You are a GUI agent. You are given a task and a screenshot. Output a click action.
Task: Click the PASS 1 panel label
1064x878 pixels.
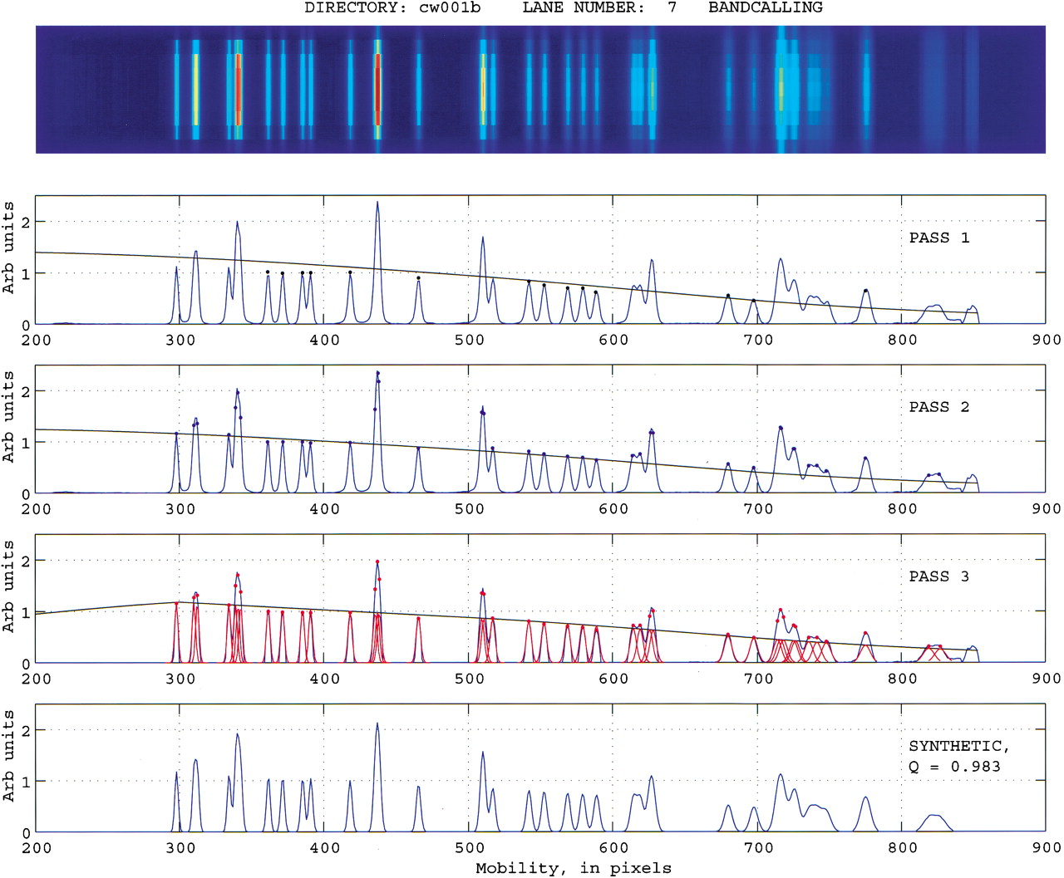pos(939,238)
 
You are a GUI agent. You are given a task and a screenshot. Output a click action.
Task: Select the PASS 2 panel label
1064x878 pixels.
pos(939,407)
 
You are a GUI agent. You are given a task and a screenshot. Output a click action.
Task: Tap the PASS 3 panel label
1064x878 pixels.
pos(939,576)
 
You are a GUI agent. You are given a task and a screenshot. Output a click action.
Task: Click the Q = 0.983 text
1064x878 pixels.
pos(954,767)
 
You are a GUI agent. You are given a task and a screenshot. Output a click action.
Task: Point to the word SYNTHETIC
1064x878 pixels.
pos(956,746)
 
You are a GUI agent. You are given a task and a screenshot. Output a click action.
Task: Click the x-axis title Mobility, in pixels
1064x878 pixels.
pos(574,868)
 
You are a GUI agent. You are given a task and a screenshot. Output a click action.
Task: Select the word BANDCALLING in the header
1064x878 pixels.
pos(766,7)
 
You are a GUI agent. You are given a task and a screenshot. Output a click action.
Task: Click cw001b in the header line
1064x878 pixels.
pos(450,7)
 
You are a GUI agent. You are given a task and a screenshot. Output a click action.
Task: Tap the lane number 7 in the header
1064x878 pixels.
pos(672,7)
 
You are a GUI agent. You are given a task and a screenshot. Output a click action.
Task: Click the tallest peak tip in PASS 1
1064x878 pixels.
pos(377,202)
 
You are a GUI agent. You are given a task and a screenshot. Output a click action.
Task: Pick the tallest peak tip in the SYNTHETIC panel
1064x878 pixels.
pos(377,723)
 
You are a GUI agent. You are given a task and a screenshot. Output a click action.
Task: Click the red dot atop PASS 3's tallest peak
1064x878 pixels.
pos(377,562)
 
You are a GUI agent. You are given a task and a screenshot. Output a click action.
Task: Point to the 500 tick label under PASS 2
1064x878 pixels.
pos(469,508)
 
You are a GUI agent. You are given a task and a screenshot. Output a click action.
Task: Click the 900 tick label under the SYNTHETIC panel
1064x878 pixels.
pos(1047,848)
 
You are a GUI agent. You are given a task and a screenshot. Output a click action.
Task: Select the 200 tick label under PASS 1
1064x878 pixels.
pos(37,340)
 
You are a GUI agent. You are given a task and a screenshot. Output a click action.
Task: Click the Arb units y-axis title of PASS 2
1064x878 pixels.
pos(8,417)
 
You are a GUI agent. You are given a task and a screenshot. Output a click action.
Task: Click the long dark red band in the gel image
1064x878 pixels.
pos(377,89)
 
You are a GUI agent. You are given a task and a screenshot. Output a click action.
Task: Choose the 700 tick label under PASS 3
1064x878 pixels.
pos(758,679)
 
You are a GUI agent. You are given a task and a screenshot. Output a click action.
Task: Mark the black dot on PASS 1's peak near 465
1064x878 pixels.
pos(418,278)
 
